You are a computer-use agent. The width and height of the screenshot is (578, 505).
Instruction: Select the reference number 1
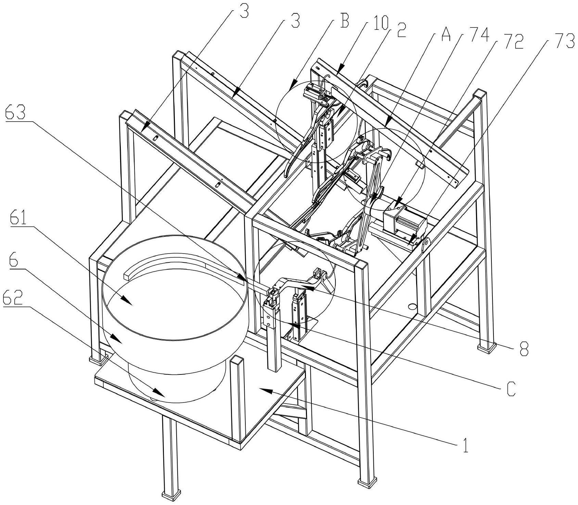coord(465,446)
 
